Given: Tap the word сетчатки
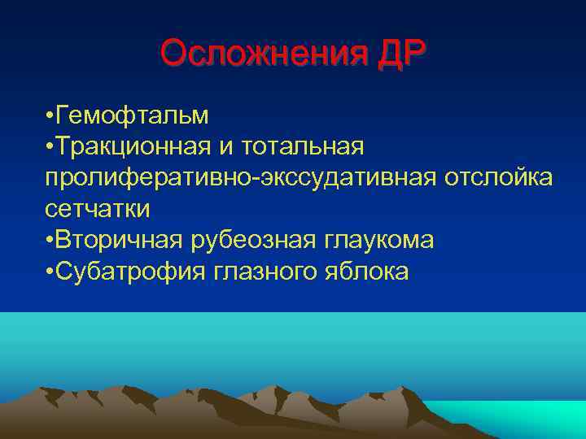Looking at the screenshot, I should [98, 209].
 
